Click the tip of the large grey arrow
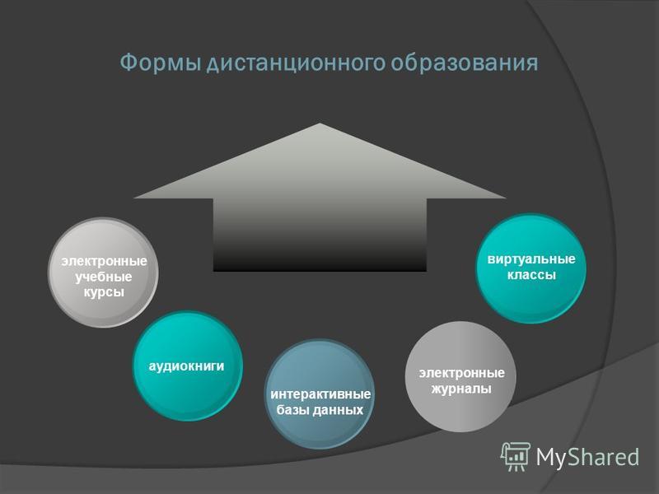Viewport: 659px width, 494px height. pos(320,123)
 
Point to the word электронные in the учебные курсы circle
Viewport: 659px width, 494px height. pos(105,261)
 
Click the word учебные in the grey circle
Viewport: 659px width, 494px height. pos(104,277)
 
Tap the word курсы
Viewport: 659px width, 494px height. pos(104,292)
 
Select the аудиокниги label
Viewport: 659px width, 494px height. pos(186,366)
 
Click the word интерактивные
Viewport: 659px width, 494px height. pos(320,394)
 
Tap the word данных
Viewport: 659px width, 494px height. pos(338,410)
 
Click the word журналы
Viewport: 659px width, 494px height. pos(461,389)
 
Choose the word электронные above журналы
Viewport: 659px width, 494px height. pos(461,373)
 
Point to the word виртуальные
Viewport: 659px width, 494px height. pos(531,259)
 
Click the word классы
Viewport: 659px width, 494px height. pos(531,275)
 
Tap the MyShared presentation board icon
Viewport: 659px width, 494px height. pos(516,456)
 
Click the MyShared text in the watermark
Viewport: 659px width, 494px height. pos(587,457)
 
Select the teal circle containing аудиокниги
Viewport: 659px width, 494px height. pos(188,366)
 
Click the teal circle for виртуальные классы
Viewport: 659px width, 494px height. pos(530,268)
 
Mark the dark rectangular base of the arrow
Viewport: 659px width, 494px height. pos(320,235)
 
